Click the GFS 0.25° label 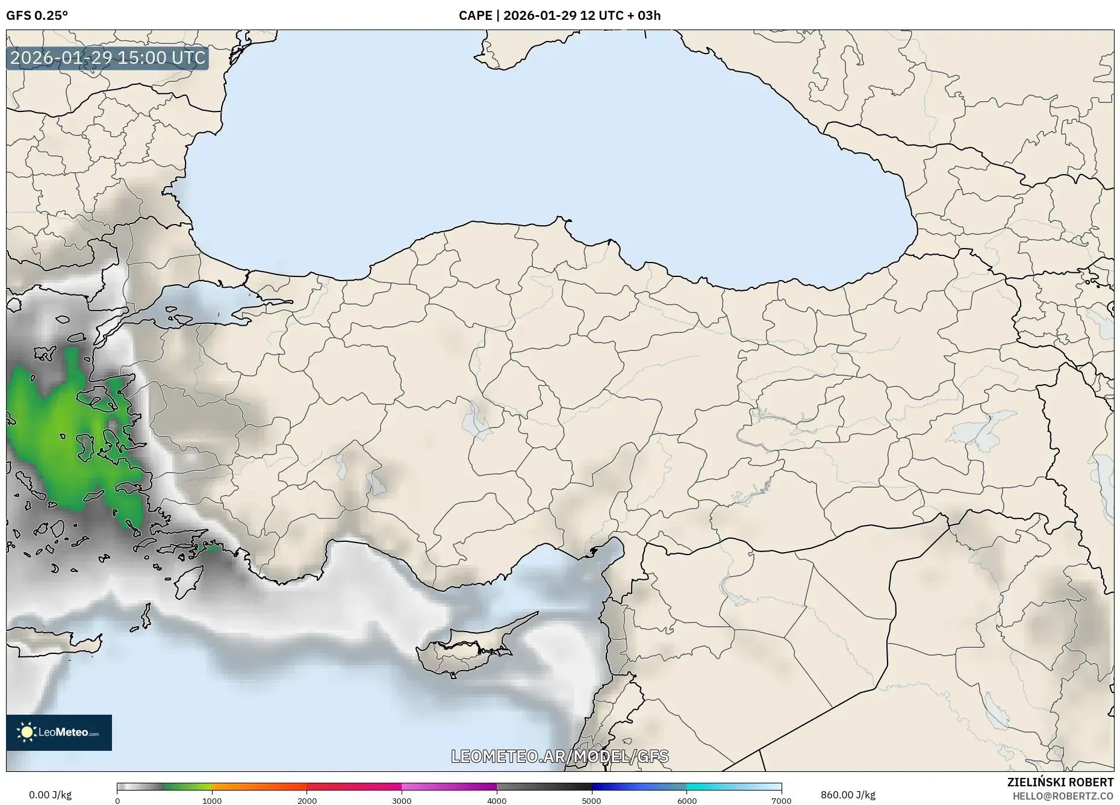click(37, 16)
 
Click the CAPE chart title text click(559, 16)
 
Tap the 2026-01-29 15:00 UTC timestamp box click(108, 58)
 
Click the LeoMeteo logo click(59, 732)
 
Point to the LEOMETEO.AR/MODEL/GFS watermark click(559, 756)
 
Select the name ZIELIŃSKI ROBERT click(1060, 782)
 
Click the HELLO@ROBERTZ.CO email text click(1063, 796)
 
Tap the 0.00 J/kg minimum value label click(50, 795)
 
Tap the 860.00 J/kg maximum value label click(848, 795)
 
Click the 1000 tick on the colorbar click(212, 801)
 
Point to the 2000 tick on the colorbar click(307, 801)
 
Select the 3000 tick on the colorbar click(402, 801)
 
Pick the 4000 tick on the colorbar click(497, 801)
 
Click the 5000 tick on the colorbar click(591, 801)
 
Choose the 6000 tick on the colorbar click(686, 801)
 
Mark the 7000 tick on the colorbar click(781, 801)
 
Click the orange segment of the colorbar click(259, 786)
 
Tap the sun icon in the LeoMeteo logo click(27, 732)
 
